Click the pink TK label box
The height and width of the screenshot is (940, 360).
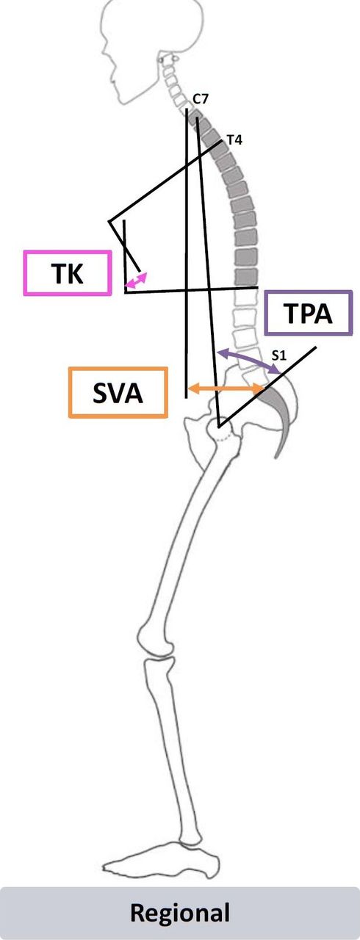(x=68, y=272)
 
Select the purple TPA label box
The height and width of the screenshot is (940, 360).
(x=308, y=313)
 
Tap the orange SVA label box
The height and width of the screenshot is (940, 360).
(x=118, y=393)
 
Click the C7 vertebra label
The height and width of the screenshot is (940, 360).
(x=200, y=99)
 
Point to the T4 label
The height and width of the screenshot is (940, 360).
(x=234, y=140)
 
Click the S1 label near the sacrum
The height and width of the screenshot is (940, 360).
(x=278, y=355)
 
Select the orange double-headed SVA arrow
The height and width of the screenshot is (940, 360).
(x=226, y=389)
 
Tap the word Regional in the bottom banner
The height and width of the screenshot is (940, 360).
(x=180, y=912)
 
